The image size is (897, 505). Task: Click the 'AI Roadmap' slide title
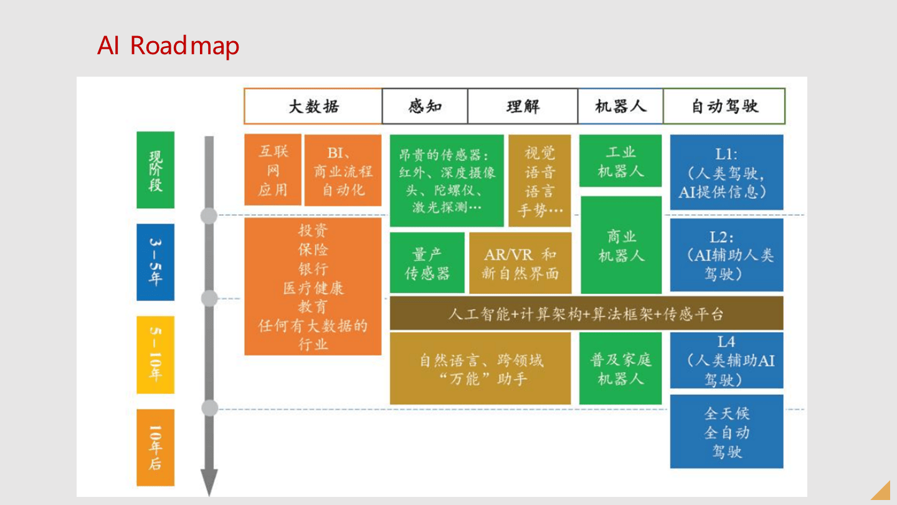pos(168,46)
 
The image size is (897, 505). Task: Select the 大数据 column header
pos(313,106)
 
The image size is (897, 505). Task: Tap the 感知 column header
pos(425,106)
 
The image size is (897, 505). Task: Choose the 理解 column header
pos(523,106)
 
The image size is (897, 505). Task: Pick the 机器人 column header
pos(620,106)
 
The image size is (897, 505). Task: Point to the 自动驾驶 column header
pos(724,106)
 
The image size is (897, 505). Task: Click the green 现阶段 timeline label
pos(155,170)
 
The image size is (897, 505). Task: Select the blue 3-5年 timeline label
pos(155,262)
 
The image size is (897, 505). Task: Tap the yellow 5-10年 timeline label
pos(155,355)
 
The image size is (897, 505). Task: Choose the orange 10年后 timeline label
pos(155,447)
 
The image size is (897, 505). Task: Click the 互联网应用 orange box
pos(273,170)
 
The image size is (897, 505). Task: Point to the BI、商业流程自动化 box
pos(343,170)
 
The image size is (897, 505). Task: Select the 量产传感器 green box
pos(427,263)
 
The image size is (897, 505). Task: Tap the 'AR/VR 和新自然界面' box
pos(520,263)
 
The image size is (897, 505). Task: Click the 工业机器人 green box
pos(620,161)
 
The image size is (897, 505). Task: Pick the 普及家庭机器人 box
pos(620,368)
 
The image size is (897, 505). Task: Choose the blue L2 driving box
pos(726,255)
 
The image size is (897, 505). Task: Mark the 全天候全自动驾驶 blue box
pos(726,431)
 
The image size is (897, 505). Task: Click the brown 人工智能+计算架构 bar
pos(587,314)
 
